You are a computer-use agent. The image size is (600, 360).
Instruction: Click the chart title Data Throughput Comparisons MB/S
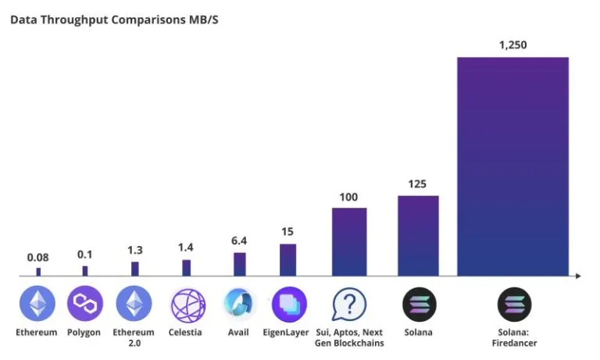(114, 20)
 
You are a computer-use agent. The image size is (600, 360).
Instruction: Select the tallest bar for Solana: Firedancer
(512, 166)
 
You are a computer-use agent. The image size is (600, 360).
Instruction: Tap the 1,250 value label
(512, 45)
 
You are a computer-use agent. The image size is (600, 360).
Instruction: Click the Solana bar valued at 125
(418, 236)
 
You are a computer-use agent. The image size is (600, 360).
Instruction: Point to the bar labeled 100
(349, 242)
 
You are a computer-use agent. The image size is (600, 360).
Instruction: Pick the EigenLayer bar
(287, 260)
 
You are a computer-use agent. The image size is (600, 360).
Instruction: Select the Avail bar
(240, 264)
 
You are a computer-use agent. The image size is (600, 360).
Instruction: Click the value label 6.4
(239, 241)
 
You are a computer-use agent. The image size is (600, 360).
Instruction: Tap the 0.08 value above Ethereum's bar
(37, 258)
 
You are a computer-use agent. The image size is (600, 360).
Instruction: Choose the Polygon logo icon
(85, 303)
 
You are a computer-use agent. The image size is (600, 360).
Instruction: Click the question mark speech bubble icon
(349, 304)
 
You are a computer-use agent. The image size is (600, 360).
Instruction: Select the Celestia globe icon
(187, 305)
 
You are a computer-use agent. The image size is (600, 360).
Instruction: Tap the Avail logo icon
(238, 304)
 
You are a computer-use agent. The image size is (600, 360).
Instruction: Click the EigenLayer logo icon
(289, 305)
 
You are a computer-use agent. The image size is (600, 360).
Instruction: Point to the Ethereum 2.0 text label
(134, 337)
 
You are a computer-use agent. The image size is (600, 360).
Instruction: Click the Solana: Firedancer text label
(514, 337)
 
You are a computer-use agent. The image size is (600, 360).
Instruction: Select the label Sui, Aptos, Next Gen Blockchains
(349, 337)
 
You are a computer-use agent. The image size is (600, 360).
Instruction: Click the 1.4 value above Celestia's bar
(186, 248)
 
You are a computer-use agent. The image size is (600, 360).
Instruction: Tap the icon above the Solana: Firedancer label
(514, 305)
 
